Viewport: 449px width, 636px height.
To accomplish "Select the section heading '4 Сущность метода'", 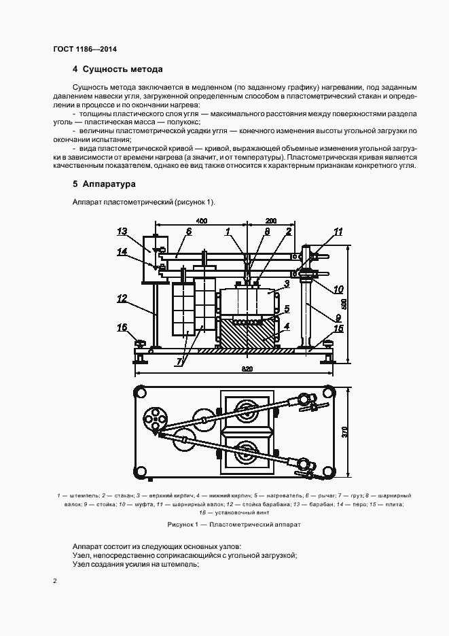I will coord(118,69).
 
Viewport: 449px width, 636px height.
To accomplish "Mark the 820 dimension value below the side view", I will coord(247,368).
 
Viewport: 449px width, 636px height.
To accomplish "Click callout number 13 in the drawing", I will coord(122,232).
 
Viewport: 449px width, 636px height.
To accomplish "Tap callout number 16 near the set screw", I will coord(122,328).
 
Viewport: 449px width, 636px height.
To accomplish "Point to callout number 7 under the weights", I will coord(181,361).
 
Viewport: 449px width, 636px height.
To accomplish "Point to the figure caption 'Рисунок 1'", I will coord(234,525).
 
